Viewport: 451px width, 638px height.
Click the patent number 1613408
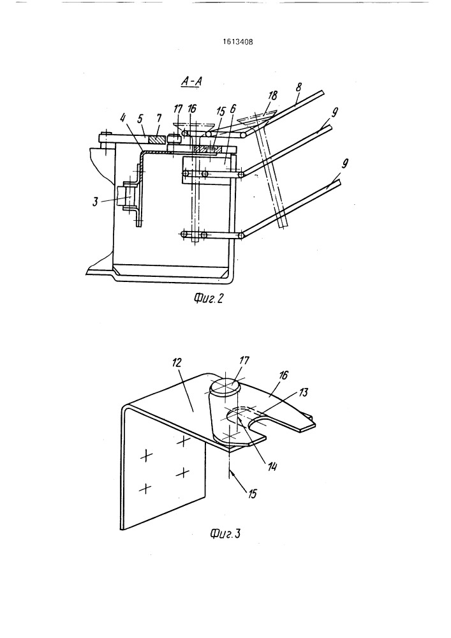[238, 41]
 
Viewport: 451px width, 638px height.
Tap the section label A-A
[192, 82]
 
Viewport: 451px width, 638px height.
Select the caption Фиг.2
[209, 299]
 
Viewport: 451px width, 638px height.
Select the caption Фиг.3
[225, 533]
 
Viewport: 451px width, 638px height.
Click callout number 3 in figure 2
[95, 202]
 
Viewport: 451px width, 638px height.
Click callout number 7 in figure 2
[159, 118]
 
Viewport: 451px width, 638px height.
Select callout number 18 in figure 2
[273, 96]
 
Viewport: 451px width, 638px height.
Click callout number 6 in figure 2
[233, 108]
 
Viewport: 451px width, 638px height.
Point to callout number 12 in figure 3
[177, 362]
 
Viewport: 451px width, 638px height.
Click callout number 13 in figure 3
[304, 392]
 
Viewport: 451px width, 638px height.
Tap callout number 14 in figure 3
[272, 467]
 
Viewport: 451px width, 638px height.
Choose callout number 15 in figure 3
[252, 494]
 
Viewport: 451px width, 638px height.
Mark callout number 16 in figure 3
[283, 375]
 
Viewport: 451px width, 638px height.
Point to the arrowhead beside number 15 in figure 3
[231, 472]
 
